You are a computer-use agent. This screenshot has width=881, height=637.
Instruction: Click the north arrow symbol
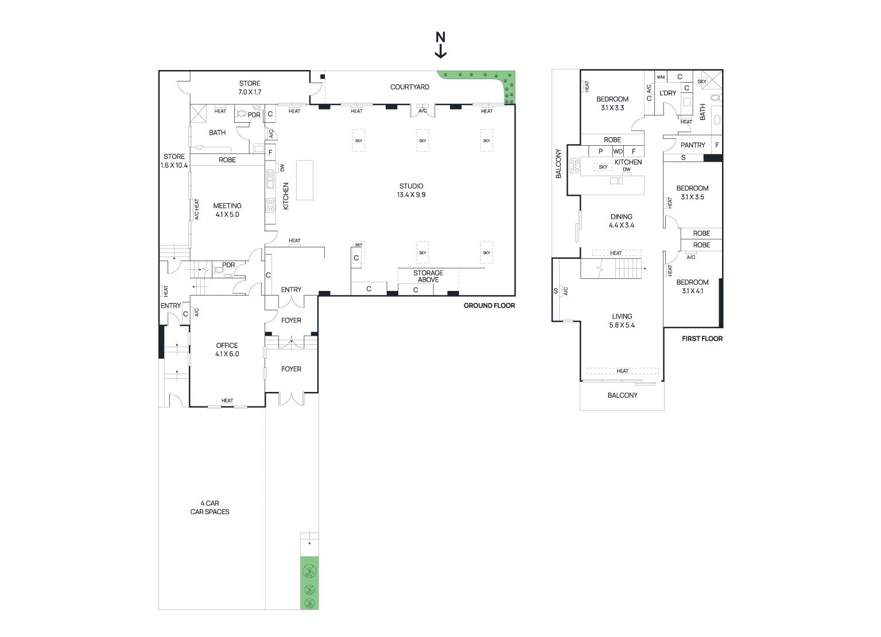pos(441,45)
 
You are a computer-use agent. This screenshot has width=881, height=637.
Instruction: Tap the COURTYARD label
pos(409,87)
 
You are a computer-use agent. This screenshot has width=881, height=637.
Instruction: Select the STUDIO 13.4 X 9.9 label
pos(411,191)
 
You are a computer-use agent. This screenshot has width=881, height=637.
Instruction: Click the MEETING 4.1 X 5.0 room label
pos(227,210)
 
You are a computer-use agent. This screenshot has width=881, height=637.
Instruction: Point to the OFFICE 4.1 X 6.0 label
pos(227,349)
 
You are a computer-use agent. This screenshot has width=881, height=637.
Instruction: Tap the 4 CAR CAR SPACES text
pos(209,507)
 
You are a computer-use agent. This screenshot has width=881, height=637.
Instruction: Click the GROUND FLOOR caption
pos(489,305)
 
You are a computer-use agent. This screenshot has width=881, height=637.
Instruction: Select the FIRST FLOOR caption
pos(702,339)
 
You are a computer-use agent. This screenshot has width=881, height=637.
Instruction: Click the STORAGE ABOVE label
pos(428,276)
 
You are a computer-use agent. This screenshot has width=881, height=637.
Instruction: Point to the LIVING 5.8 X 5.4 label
pos(622,320)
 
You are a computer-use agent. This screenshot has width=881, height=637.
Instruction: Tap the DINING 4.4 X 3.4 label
pos(622,221)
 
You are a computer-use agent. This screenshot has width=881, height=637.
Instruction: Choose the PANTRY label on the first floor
pos(693,145)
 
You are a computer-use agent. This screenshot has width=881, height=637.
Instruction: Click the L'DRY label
pos(668,93)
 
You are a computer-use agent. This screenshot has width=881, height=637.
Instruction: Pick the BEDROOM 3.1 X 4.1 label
pos(692,287)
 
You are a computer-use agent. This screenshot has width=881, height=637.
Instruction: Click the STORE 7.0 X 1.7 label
pos(250,88)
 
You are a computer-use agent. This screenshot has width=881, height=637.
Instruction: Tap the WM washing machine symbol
pos(661,77)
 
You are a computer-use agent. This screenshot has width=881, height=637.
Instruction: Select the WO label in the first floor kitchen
pos(618,152)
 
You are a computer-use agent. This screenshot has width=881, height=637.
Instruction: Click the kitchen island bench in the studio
pos(305,180)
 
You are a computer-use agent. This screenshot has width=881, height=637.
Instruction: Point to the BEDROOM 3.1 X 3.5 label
pos(692,193)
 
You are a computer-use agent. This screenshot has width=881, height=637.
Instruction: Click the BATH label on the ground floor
pos(217,133)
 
